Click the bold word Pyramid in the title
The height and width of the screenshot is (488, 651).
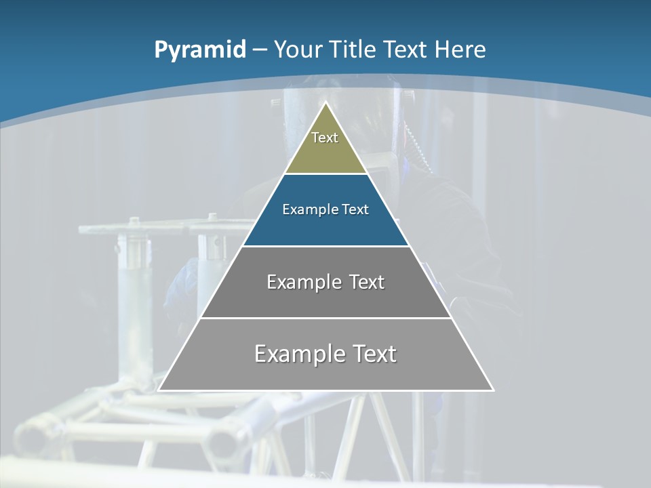click(200, 50)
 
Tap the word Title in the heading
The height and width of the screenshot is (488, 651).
click(353, 50)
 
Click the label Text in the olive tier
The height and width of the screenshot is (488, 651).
click(325, 138)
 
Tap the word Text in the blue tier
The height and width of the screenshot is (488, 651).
click(355, 209)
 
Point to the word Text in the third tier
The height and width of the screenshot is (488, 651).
click(366, 282)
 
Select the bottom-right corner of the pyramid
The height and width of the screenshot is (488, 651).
click(493, 390)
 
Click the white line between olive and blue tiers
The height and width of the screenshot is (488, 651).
click(326, 174)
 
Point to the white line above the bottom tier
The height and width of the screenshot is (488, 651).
click(326, 318)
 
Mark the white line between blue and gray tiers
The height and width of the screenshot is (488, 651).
click(326, 245)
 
